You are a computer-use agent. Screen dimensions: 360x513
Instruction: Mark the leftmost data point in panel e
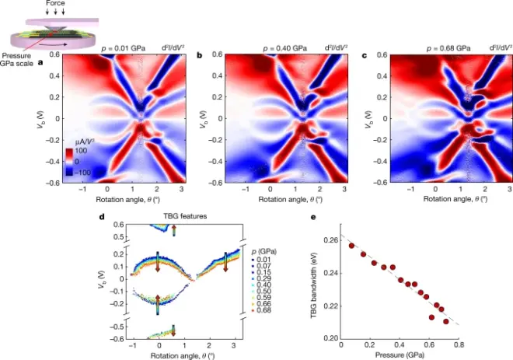pos(351,246)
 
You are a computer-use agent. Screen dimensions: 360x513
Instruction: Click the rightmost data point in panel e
pos(446,321)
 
